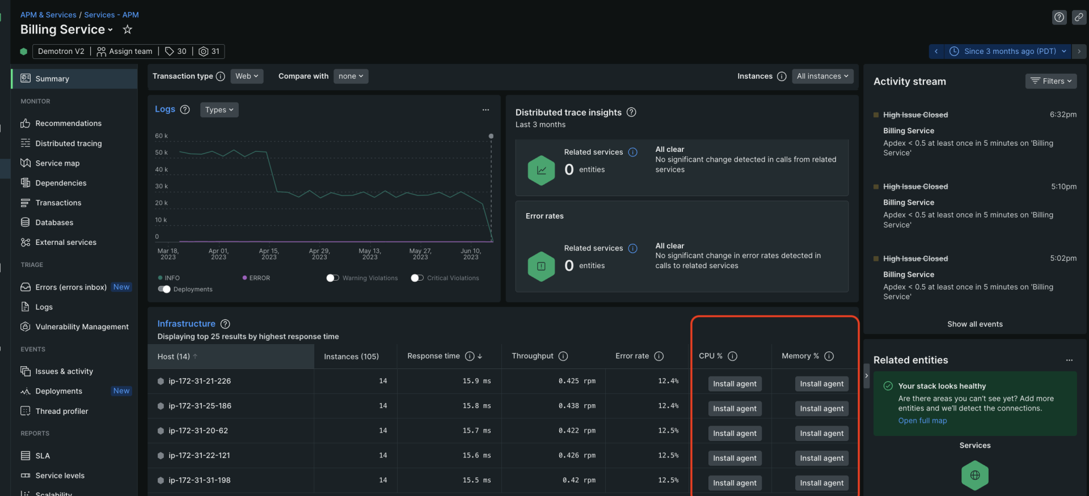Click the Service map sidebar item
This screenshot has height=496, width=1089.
click(57, 163)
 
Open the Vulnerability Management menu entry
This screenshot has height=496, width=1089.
click(82, 327)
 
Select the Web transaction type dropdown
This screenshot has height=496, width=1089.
click(247, 77)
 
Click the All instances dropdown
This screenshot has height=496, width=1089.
click(822, 77)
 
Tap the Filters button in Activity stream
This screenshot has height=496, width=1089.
click(1050, 81)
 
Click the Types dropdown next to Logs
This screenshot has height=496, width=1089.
click(219, 110)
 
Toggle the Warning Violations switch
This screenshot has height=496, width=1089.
click(332, 278)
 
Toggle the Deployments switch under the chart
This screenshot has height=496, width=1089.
click(164, 289)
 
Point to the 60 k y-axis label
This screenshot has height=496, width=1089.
click(161, 136)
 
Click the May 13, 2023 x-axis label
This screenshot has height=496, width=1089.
click(370, 254)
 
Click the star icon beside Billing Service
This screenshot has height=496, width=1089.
click(128, 29)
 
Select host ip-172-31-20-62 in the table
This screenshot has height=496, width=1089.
click(198, 431)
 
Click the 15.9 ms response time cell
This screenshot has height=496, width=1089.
click(476, 381)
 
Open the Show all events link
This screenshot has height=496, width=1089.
click(974, 324)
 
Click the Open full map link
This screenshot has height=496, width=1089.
click(922, 421)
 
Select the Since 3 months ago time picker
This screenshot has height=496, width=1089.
click(1009, 51)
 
